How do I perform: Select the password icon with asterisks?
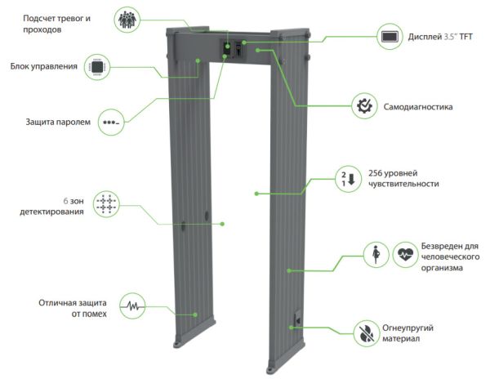(x=110, y=123)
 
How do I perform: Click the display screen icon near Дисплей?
(x=389, y=36)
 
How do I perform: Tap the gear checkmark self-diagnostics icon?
(x=363, y=105)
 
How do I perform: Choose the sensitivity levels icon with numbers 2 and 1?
(x=348, y=178)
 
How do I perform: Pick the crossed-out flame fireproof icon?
(x=365, y=331)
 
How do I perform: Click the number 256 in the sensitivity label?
(x=377, y=172)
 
